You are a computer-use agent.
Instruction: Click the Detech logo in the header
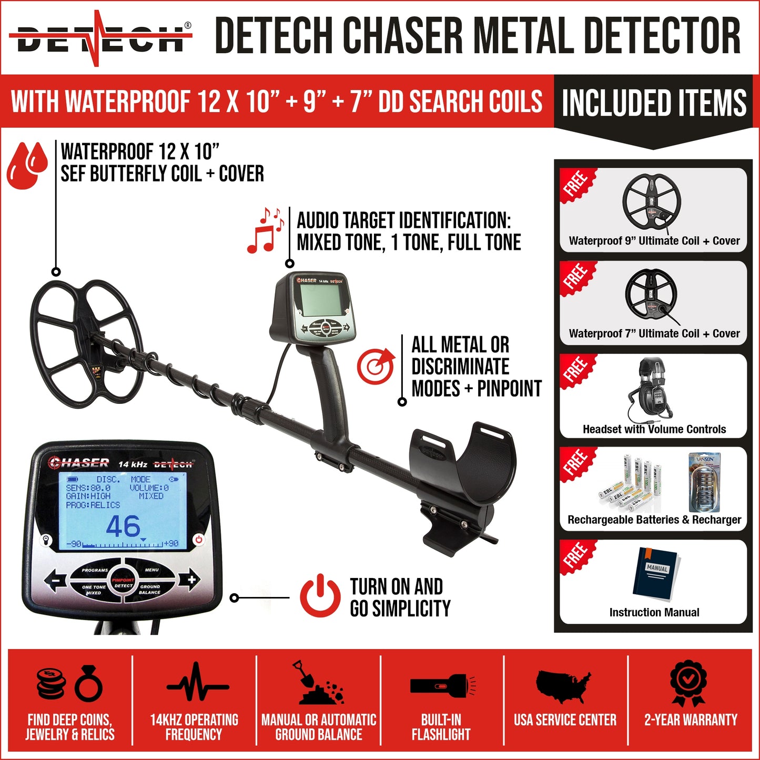[100, 38]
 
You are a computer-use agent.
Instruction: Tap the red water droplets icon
[27, 165]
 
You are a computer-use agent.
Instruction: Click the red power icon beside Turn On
[320, 597]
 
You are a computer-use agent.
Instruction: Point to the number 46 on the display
[123, 526]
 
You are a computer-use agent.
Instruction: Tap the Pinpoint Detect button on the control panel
[123, 583]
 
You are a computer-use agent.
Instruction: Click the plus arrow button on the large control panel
[189, 580]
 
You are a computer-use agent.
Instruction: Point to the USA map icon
[563, 685]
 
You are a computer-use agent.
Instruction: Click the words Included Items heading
[654, 103]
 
